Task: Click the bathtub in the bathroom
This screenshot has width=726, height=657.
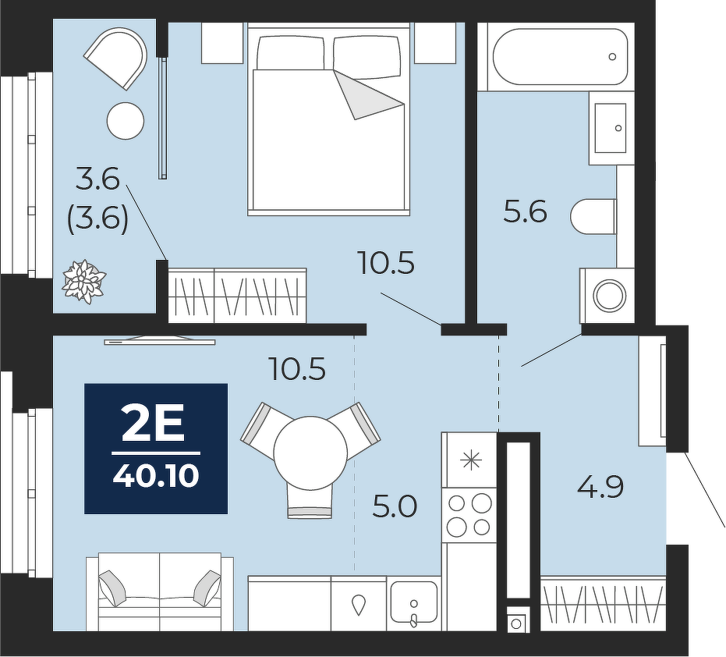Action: [x=560, y=57]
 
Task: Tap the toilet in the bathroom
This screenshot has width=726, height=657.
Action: [x=593, y=217]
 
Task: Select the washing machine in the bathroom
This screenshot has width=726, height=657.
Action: [x=607, y=295]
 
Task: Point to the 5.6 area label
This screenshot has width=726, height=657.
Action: [x=526, y=212]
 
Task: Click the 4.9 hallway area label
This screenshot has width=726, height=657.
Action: [x=600, y=487]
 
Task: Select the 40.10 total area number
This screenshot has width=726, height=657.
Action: [x=156, y=476]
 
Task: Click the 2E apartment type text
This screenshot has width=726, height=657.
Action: [x=154, y=424]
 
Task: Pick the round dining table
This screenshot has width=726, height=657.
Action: [x=310, y=453]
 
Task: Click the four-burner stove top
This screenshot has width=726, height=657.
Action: [x=469, y=515]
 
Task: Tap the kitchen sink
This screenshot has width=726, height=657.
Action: [x=414, y=603]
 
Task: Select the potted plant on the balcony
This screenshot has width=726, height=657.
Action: [x=83, y=281]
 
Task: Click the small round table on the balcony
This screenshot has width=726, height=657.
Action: [x=126, y=120]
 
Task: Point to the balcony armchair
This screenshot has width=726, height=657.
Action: [x=115, y=58]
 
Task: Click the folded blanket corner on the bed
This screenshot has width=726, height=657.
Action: [x=368, y=95]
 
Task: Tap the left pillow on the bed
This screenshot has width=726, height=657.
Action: [x=290, y=52]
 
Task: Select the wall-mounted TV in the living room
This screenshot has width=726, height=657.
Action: [x=160, y=340]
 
